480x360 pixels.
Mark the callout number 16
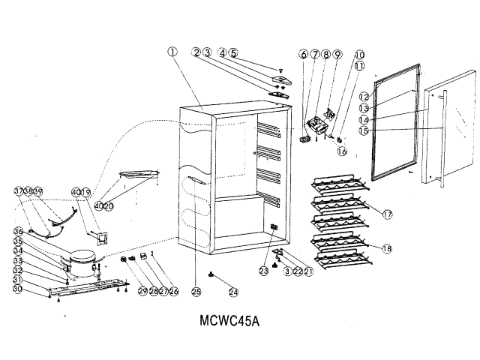click(x=342, y=151)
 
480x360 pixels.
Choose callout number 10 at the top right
click(x=359, y=55)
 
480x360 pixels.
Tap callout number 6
click(x=304, y=54)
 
